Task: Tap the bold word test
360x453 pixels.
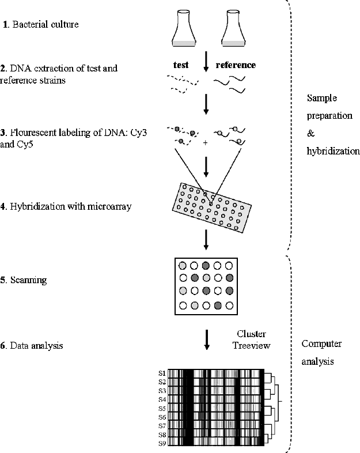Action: tap(182, 65)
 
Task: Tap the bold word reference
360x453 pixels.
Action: tap(236, 65)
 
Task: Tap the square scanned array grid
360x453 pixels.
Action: tap(206, 285)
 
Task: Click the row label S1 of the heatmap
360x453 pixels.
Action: tap(162, 373)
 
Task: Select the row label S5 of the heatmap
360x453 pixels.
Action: tap(162, 408)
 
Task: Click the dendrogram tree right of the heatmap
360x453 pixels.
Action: tap(273, 408)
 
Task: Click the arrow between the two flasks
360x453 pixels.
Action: tap(206, 63)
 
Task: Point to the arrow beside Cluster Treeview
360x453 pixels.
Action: tap(206, 340)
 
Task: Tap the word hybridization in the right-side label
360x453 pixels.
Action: tap(333, 152)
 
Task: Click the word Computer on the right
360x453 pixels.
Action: tap(321, 344)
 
